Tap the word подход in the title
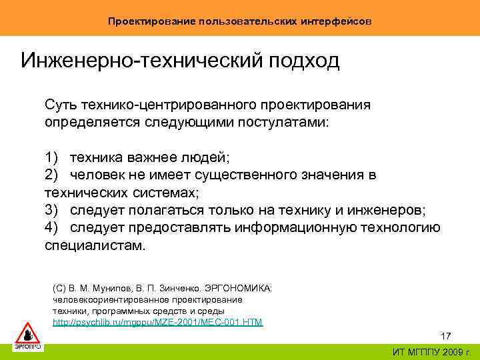point(304,61)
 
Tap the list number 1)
point(53,157)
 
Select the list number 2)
point(53,175)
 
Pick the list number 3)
point(53,210)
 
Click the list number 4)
point(53,227)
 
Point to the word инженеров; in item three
point(386,210)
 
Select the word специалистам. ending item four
point(94,245)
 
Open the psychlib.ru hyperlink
point(157,323)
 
